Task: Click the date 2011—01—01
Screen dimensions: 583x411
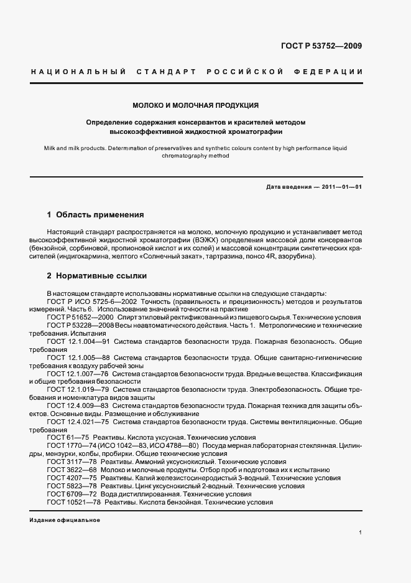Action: coord(340,187)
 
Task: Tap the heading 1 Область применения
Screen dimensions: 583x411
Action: coord(95,215)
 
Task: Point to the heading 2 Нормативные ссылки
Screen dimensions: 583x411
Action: coord(96,275)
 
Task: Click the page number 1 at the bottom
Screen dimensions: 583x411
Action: coord(360,533)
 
